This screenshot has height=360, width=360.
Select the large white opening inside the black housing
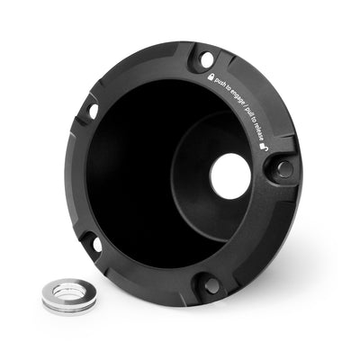[x=230, y=175]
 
